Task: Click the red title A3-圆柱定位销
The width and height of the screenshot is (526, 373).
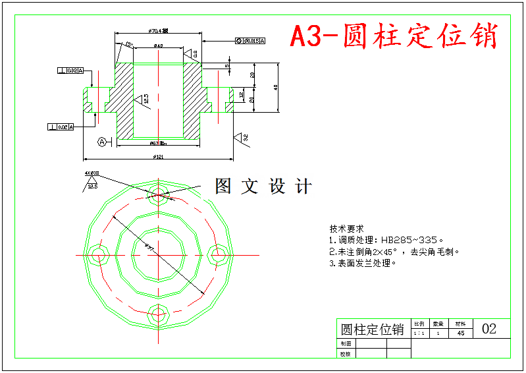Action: pyautogui.click(x=394, y=36)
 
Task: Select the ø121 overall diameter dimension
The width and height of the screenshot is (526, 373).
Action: pyautogui.click(x=158, y=156)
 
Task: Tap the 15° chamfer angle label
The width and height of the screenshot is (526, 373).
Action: pyautogui.click(x=128, y=45)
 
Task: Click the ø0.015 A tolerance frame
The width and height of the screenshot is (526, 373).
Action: pyautogui.click(x=250, y=41)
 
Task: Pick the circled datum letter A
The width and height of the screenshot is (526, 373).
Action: pyautogui.click(x=102, y=142)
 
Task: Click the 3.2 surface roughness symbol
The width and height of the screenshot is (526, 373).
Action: pyautogui.click(x=242, y=138)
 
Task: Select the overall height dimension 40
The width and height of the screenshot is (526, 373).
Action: pyautogui.click(x=276, y=87)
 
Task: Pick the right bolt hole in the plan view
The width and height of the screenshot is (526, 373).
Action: pyautogui.click(x=218, y=254)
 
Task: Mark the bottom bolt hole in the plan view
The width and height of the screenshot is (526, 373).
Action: pyautogui.click(x=158, y=312)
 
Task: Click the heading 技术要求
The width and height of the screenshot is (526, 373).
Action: pyautogui.click(x=343, y=229)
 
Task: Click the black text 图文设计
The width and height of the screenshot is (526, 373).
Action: pyautogui.click(x=263, y=186)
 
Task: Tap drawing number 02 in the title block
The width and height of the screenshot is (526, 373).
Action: pyautogui.click(x=489, y=328)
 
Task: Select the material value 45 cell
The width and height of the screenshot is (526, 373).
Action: pyautogui.click(x=461, y=333)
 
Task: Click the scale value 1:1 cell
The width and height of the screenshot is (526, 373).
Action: pyautogui.click(x=419, y=333)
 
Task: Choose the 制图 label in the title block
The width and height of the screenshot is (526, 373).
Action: pyautogui.click(x=346, y=343)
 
